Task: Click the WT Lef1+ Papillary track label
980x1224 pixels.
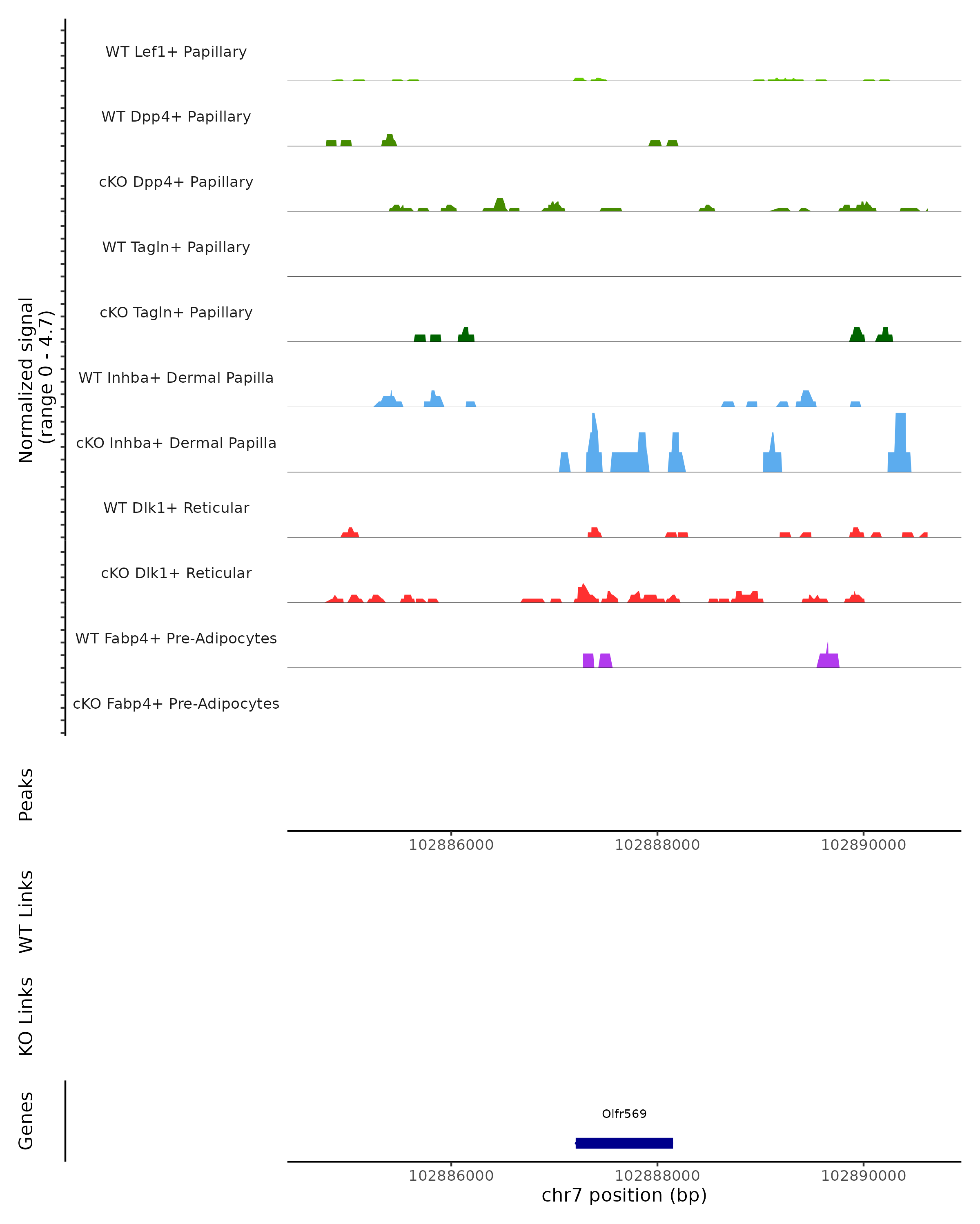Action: (x=176, y=52)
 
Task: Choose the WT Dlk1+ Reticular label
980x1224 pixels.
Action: (x=176, y=508)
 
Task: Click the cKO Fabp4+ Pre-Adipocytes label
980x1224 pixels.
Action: (x=176, y=703)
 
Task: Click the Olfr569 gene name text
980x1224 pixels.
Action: (x=624, y=1113)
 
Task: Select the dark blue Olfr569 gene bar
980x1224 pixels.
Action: (x=624, y=1143)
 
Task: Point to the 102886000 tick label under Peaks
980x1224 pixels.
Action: (x=451, y=845)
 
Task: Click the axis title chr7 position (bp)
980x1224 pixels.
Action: (x=624, y=1195)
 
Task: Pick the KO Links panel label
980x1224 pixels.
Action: (x=26, y=1016)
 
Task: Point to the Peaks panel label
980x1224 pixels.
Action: (x=26, y=794)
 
